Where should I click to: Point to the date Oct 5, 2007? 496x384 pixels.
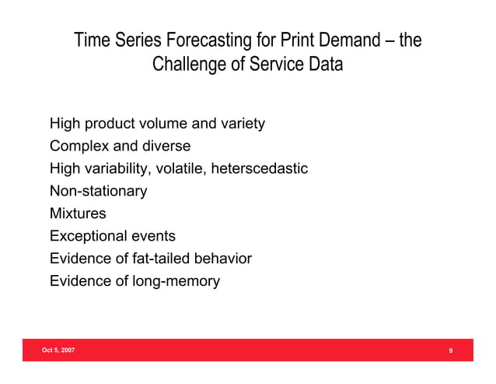pyautogui.click(x=60, y=351)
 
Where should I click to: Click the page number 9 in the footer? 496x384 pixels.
pyautogui.click(x=451, y=352)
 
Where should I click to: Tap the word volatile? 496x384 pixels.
pyautogui.click(x=173, y=168)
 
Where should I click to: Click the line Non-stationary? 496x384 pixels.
pyautogui.click(x=98, y=191)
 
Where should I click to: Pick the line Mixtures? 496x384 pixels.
pyautogui.click(x=78, y=213)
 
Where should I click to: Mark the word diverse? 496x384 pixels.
pyautogui.click(x=163, y=146)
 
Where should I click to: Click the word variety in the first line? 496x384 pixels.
pyautogui.click(x=243, y=123)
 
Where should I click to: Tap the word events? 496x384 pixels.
pyautogui.click(x=152, y=236)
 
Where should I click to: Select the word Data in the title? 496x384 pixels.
pyautogui.click(x=324, y=64)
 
